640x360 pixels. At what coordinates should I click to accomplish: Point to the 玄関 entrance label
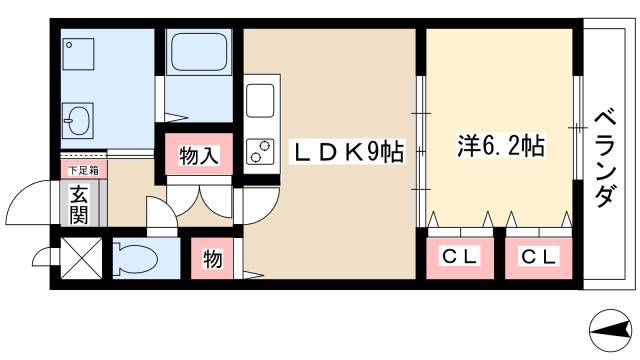(x=78, y=205)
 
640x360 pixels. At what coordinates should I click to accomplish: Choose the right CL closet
(x=538, y=257)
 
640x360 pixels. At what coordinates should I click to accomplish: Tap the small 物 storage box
(x=212, y=259)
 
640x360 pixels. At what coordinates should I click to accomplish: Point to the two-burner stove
(x=259, y=150)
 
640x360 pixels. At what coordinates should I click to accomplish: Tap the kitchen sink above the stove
(x=260, y=101)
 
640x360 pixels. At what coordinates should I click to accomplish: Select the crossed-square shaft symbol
(x=80, y=258)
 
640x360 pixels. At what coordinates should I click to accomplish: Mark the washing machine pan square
(x=78, y=51)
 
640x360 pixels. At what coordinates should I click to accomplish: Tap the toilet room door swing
(x=159, y=214)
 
